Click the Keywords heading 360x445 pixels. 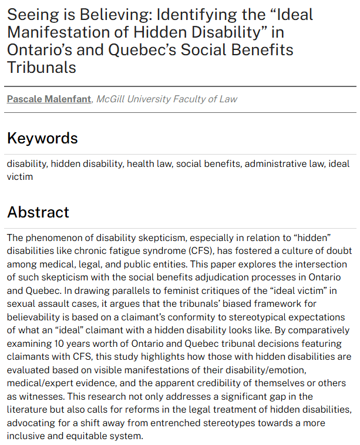click(42, 138)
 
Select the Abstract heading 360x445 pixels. click(38, 212)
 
